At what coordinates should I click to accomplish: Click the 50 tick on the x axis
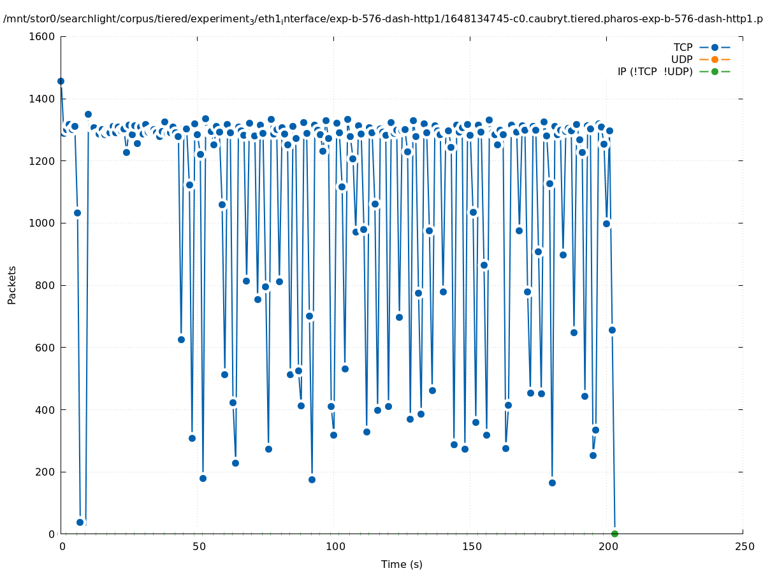pos(198,546)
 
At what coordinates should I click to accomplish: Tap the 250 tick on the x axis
pos(743,546)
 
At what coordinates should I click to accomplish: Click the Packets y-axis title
pos(12,285)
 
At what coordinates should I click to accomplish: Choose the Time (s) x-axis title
pos(402,564)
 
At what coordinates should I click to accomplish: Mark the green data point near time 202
pos(614,534)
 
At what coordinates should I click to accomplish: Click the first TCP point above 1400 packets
pos(61,81)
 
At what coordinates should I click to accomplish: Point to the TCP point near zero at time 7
pos(80,522)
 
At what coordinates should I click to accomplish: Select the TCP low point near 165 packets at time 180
pos(552,483)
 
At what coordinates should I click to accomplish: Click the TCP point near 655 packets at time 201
pos(612,330)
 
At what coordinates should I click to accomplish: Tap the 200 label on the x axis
pos(607,546)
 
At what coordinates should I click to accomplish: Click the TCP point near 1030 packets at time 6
pos(77,213)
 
